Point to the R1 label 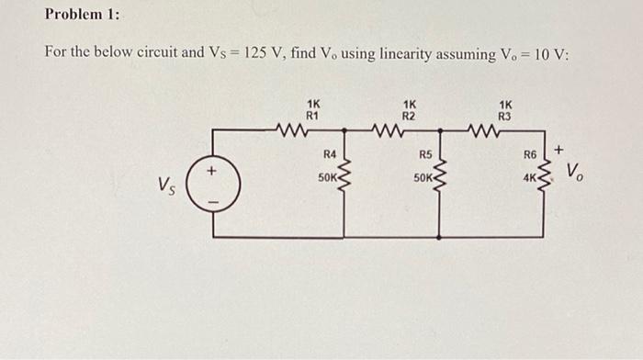click(x=312, y=117)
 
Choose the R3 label click(x=505, y=117)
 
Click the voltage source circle click(x=214, y=184)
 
